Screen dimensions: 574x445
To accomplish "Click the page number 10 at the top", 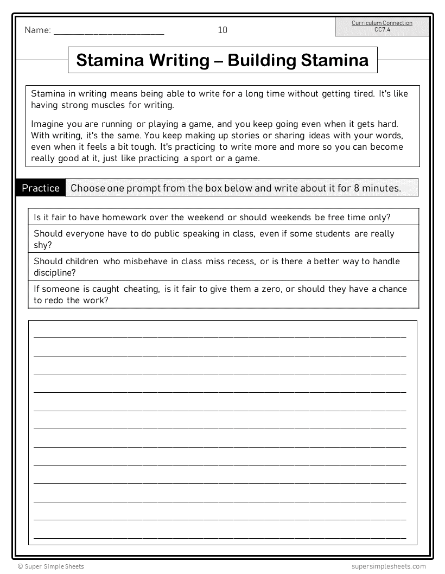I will [223, 30].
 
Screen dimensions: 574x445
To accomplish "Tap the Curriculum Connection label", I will [382, 23].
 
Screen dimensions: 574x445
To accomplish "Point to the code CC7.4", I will [382, 29].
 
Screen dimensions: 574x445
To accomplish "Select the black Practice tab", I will [41, 188].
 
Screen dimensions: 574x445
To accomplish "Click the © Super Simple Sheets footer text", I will [51, 566].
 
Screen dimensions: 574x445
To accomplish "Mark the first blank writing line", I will [220, 336].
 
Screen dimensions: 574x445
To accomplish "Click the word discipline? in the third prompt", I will [54, 272].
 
